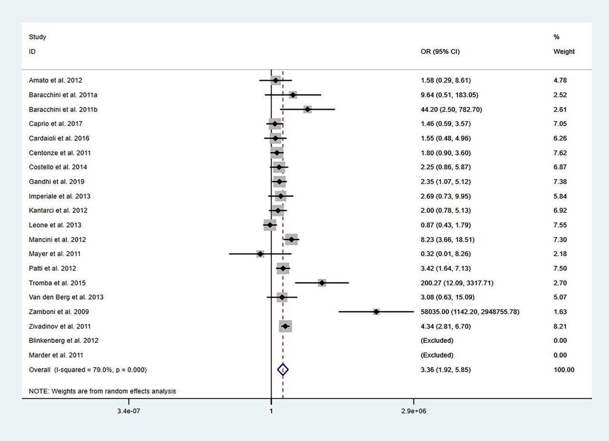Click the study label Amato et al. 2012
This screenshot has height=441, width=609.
56,80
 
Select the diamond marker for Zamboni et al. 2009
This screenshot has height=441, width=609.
376,311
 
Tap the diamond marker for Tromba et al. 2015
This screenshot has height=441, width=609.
322,283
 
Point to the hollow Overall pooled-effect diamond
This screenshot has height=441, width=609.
283,370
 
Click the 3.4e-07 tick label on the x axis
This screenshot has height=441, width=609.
128,411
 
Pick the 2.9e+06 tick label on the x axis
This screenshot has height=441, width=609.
413,411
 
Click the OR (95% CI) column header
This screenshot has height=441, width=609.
440,51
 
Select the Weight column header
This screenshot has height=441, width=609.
564,51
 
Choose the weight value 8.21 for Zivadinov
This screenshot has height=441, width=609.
560,326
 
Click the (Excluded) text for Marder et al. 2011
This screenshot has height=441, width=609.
437,355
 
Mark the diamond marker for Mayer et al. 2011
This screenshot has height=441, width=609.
260,254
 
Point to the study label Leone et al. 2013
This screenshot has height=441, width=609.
55,225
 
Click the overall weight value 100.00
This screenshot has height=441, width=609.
564,370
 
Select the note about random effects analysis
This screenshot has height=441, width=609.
102,391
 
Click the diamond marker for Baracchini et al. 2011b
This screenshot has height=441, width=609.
307,110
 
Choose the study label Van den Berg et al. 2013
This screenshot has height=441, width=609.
66,297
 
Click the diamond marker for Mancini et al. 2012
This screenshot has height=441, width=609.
292,240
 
